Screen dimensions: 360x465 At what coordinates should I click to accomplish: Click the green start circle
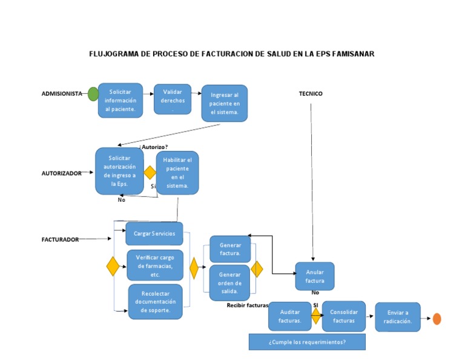coord(93,94)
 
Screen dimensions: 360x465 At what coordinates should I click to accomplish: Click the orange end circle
coord(437,319)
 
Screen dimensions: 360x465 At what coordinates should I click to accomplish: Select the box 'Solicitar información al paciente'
coord(120,100)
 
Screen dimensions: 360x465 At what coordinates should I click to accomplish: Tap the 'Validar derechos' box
coord(173,99)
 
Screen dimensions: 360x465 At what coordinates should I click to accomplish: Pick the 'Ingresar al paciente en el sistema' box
coord(225,103)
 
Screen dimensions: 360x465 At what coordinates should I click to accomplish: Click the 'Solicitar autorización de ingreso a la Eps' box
coord(119,171)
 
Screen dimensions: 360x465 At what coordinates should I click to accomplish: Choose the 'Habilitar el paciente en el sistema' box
coord(177,173)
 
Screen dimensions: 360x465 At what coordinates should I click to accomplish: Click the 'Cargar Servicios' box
coord(154,233)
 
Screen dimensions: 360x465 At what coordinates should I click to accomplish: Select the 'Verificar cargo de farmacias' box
coord(155,265)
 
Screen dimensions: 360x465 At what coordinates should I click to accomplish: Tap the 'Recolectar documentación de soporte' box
coord(155,301)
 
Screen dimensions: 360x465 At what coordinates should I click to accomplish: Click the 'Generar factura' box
coord(230,249)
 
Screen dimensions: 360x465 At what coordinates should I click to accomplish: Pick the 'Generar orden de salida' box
coord(229,282)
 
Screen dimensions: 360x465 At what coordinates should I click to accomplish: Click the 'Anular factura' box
coord(315,276)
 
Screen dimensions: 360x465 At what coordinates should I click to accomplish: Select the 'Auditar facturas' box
coord(289,316)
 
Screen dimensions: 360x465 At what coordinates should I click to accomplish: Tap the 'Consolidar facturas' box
coord(344,316)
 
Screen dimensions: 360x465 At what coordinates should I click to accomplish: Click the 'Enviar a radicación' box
coord(398,317)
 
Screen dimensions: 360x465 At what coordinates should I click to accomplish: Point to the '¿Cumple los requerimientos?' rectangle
coord(307,342)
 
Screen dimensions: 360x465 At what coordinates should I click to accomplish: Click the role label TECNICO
coord(311,93)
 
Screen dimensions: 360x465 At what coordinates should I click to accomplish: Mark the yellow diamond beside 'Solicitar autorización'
coord(150,173)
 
